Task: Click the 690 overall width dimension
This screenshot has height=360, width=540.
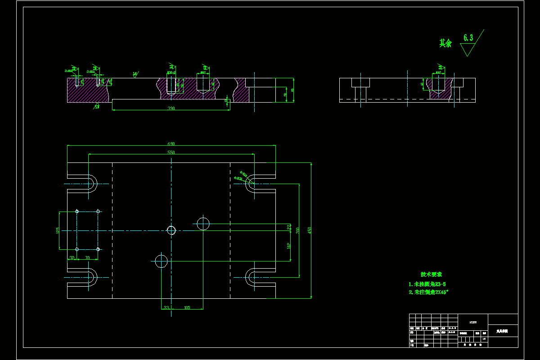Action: tap(171, 144)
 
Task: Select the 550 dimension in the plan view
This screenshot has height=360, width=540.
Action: tap(171, 153)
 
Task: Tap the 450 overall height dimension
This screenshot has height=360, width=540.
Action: tap(310, 230)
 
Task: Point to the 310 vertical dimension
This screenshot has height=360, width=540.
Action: tap(298, 230)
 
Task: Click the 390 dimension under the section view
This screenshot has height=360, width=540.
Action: tap(171, 108)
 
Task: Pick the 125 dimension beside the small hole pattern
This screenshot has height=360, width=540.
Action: tap(58, 230)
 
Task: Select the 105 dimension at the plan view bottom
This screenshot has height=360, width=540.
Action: tap(187, 308)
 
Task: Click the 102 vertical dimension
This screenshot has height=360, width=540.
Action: tap(289, 246)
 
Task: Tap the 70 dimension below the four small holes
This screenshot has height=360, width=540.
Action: tap(87, 258)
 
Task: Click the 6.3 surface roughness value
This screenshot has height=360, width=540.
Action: tap(468, 38)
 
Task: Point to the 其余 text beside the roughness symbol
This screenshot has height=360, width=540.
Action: tap(445, 43)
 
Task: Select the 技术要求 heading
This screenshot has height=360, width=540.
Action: tap(431, 274)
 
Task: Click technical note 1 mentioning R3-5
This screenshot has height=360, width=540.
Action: tap(427, 284)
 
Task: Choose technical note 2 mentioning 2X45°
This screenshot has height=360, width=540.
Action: tap(429, 292)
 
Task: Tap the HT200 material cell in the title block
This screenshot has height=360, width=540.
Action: tap(472, 322)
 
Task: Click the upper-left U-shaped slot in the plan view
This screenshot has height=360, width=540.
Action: tap(91, 184)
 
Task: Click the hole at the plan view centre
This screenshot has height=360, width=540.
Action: tap(171, 230)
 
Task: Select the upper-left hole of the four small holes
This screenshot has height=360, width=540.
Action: tap(77, 211)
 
